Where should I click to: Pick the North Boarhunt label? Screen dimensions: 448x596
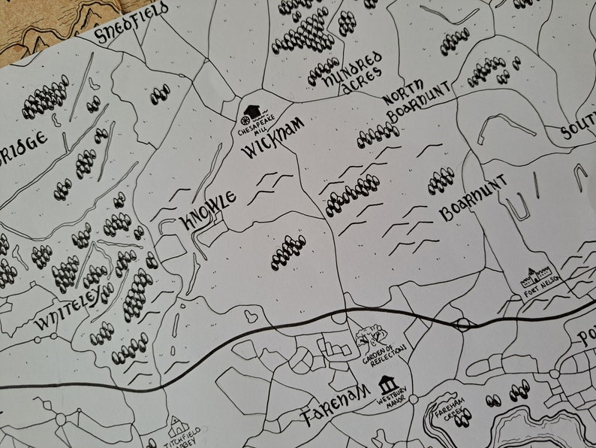(419, 103)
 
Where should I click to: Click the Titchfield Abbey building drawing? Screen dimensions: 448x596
(179, 426)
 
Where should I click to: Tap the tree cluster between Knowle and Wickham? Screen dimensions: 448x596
(289, 251)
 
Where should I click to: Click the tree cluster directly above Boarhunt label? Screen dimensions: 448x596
(441, 180)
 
